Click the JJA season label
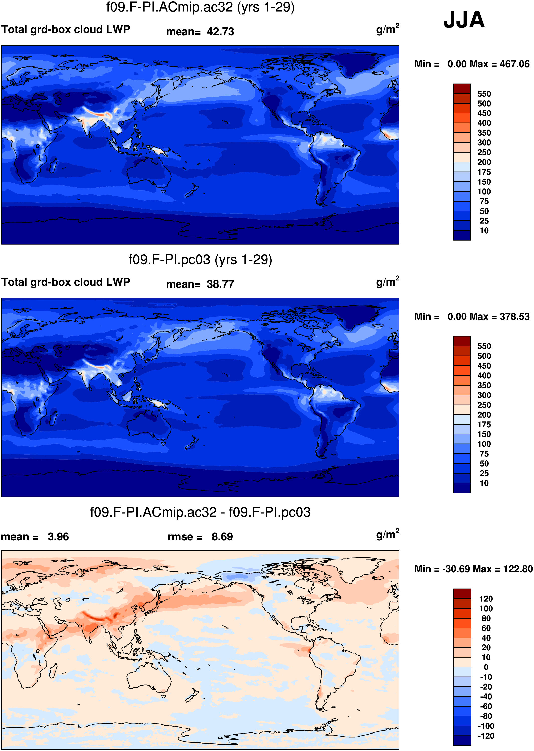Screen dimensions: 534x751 [x=464, y=20]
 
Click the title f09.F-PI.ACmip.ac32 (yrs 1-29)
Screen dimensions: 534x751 [x=200, y=7]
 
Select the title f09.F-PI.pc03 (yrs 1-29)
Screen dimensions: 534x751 [x=200, y=260]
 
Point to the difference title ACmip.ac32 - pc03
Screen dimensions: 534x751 [x=200, y=512]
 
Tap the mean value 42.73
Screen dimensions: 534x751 [x=220, y=32]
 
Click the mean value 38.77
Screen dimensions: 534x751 [x=220, y=284]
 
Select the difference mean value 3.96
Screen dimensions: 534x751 [x=58, y=537]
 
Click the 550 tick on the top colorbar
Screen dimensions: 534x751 [x=484, y=94]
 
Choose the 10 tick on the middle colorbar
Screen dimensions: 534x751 [x=484, y=483]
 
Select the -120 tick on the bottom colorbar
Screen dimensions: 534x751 [x=486, y=736]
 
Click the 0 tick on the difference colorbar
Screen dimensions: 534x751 [x=486, y=667]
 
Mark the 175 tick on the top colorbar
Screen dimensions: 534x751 [x=484, y=172]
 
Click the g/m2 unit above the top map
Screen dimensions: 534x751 [x=388, y=29]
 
